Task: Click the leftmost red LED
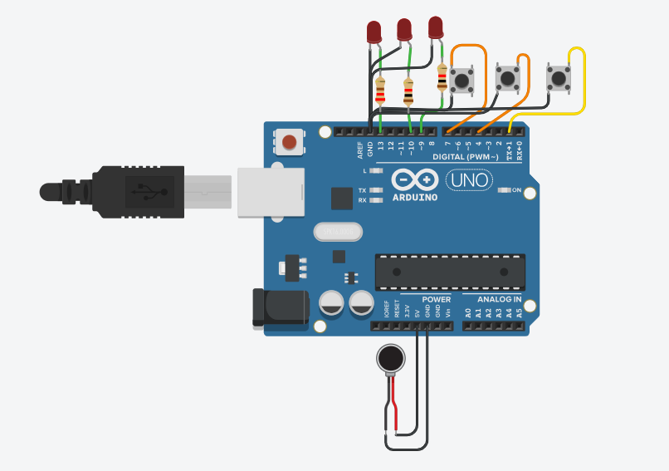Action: [x=374, y=33]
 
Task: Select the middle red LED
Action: [x=404, y=30]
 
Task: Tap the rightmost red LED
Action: [x=436, y=27]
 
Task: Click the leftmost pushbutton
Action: [x=462, y=81]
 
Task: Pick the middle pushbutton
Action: [x=508, y=77]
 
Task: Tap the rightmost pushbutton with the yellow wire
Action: [x=559, y=78]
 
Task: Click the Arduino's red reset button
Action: [x=290, y=141]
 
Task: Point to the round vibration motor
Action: [x=389, y=360]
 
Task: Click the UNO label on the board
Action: [x=469, y=179]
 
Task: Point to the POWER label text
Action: [x=436, y=299]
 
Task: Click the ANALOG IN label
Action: [x=499, y=299]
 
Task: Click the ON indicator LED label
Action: [x=515, y=190]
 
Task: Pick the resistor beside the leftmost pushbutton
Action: [x=442, y=79]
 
